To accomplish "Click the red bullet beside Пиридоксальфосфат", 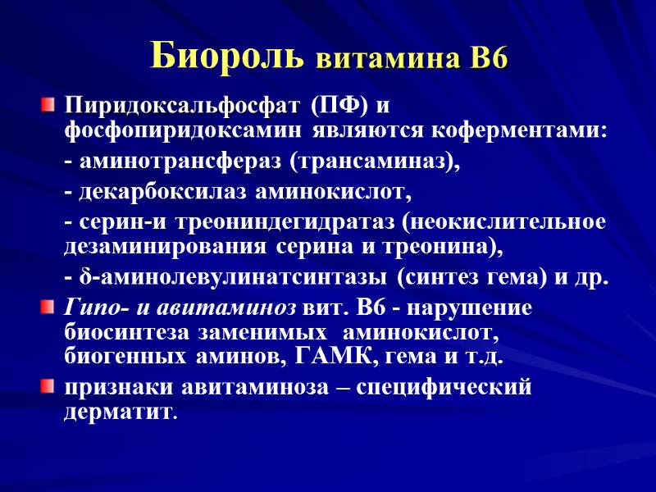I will click(x=49, y=106).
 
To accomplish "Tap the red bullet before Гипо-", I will click(x=49, y=307).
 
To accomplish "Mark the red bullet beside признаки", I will click(x=49, y=386).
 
